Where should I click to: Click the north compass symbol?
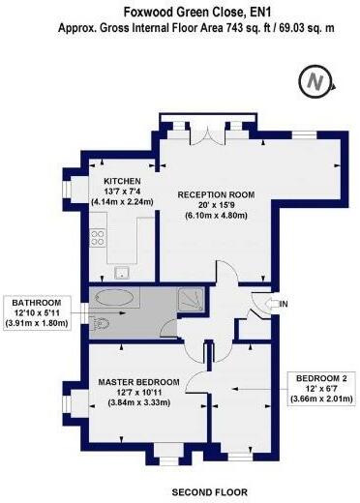tap(316, 81)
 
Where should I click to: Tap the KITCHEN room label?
tap(122, 181)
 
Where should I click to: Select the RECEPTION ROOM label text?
tap(216, 194)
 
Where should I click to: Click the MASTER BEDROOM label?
tap(138, 382)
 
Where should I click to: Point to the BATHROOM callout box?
tap(37, 312)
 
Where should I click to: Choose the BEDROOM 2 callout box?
tap(321, 388)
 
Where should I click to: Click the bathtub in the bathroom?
tap(114, 298)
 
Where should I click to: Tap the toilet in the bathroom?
tap(99, 323)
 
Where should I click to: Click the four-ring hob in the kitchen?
tap(98, 237)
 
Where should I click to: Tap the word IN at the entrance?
tap(284, 304)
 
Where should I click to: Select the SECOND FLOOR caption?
tap(210, 492)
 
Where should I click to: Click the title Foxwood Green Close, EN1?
tap(197, 13)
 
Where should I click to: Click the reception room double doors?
tap(207, 136)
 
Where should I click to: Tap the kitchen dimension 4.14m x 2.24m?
tap(122, 202)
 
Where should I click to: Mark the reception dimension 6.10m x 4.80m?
tap(216, 216)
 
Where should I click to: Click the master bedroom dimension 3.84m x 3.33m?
tap(139, 402)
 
